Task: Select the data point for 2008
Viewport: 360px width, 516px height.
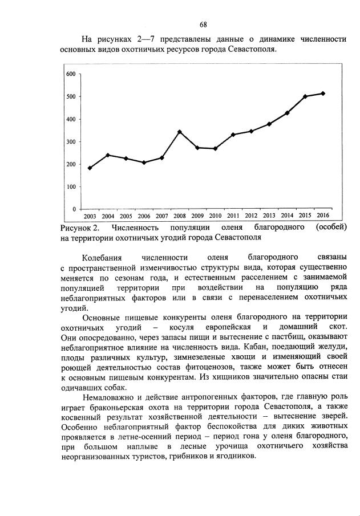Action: [x=180, y=132]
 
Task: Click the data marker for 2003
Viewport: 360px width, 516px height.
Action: [x=90, y=168]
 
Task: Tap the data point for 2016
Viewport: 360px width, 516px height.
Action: [x=323, y=94]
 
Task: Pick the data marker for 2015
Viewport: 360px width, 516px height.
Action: [x=305, y=96]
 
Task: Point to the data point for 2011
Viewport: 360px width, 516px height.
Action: [x=233, y=135]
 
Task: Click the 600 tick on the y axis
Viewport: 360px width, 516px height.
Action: [x=71, y=74]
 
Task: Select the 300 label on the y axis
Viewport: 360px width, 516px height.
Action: [x=71, y=142]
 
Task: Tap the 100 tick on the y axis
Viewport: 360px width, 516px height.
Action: [x=71, y=187]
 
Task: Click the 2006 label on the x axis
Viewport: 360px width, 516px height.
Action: [x=144, y=216]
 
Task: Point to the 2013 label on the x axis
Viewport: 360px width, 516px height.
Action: [x=269, y=216]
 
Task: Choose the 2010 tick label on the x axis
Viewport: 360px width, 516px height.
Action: [x=215, y=216]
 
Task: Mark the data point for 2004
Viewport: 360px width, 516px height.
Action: [x=108, y=155]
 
